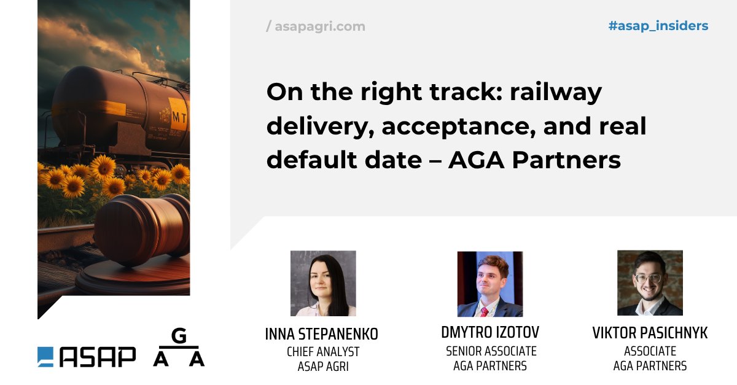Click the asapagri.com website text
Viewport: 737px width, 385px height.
[319, 26]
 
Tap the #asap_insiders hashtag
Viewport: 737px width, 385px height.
[658, 26]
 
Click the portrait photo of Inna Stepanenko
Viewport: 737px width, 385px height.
[323, 283]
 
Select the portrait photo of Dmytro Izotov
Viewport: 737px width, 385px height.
[489, 283]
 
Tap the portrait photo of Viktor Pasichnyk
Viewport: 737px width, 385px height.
[650, 282]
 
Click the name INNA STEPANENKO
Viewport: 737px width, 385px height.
[321, 335]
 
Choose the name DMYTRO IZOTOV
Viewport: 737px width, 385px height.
[490, 333]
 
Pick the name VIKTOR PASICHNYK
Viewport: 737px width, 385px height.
[650, 333]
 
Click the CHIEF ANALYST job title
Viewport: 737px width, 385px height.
[323, 352]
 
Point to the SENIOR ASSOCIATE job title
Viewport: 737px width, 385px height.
[491, 351]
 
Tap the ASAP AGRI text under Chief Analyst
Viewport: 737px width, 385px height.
[323, 367]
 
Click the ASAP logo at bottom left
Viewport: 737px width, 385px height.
[87, 357]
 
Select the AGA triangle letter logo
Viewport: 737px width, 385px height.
[178, 349]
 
